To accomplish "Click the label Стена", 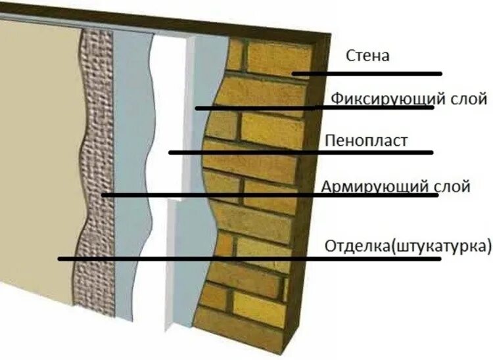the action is [367, 56].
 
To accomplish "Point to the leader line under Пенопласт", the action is [302, 152].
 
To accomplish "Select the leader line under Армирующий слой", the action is [270, 195].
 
